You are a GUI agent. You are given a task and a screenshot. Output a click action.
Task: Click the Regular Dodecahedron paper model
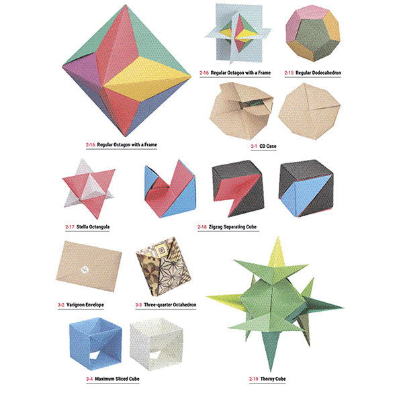click(313, 34)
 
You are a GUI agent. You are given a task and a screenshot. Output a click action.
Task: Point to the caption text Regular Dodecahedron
click(318, 73)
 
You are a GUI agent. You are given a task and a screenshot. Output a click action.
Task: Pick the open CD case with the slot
click(241, 111)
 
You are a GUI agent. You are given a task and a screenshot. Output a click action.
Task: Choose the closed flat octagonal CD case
click(310, 111)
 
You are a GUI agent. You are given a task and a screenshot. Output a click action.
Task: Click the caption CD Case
click(268, 146)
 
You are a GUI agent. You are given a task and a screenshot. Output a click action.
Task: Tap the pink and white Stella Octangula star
click(89, 189)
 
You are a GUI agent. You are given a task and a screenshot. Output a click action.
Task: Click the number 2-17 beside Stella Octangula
click(70, 227)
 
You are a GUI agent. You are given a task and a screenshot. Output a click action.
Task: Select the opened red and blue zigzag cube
click(170, 189)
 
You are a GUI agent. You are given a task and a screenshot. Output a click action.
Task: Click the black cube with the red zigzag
click(238, 188)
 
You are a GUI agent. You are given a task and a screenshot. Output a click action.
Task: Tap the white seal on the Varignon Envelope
click(85, 269)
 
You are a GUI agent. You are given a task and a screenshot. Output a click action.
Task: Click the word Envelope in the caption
click(95, 305)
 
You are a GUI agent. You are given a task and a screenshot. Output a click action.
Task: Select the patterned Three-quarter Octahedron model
click(163, 266)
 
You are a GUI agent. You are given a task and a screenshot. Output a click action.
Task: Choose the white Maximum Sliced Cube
click(156, 344)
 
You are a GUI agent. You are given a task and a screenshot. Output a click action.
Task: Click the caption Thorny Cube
click(273, 379)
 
